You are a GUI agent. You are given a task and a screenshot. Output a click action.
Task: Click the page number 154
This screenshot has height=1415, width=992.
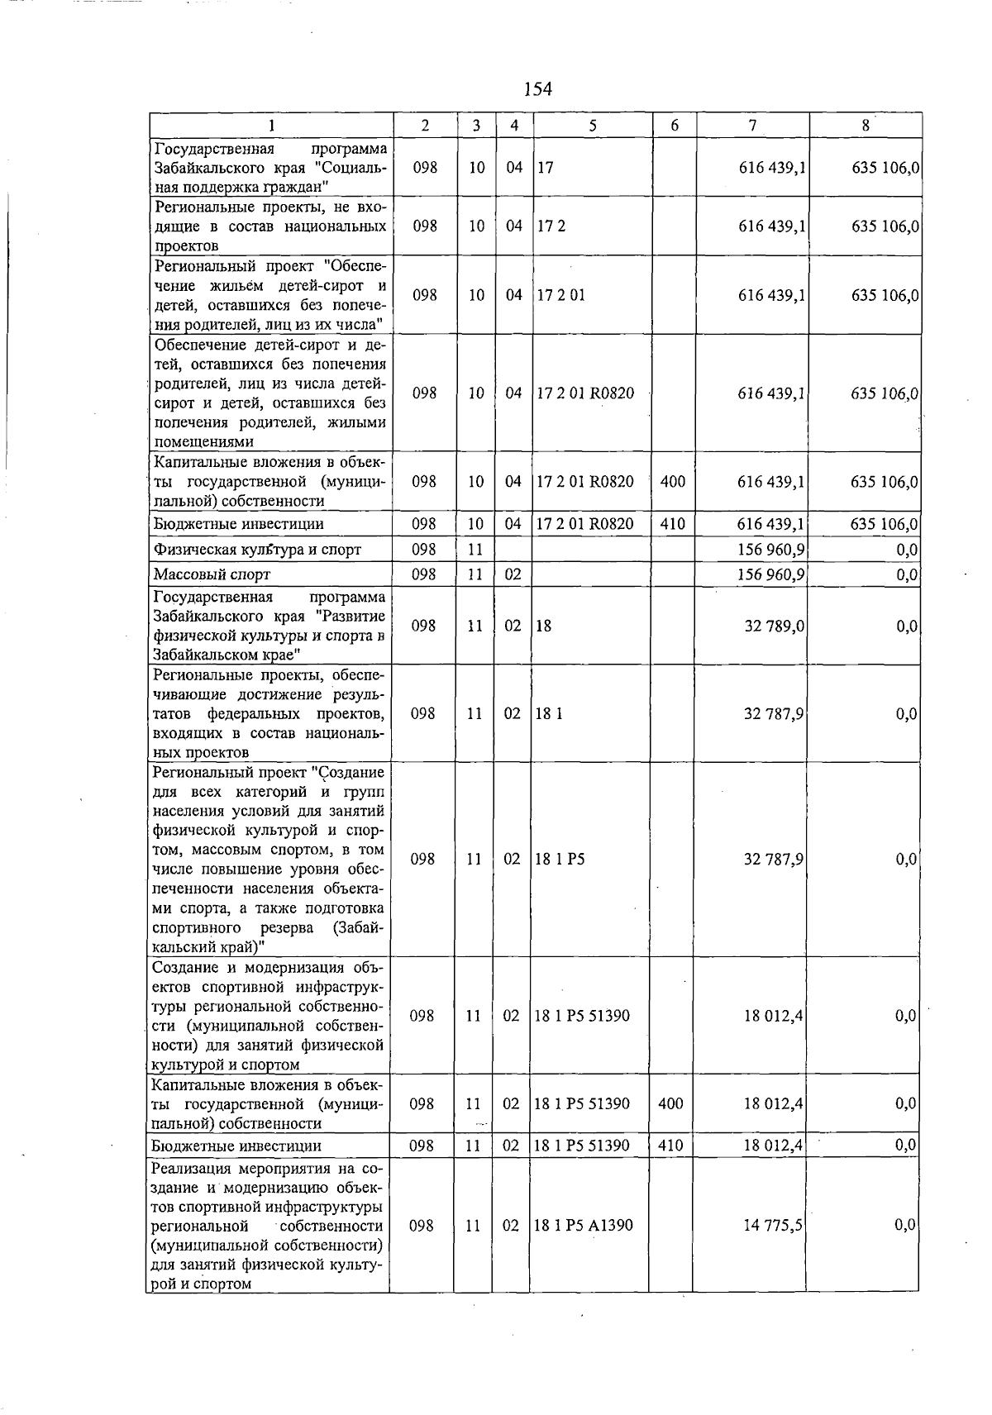pyautogui.click(x=537, y=89)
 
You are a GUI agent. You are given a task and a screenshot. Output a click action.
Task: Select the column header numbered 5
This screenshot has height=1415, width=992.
pyautogui.click(x=593, y=126)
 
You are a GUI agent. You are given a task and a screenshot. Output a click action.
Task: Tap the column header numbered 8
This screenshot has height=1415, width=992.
pyautogui.click(x=865, y=126)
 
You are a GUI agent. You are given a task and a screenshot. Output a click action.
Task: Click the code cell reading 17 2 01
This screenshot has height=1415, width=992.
pyautogui.click(x=561, y=295)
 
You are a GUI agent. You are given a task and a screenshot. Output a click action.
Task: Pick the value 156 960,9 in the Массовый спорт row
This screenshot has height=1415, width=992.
pyautogui.click(x=773, y=574)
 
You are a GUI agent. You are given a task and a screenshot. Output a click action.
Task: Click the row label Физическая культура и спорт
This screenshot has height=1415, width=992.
pyautogui.click(x=257, y=550)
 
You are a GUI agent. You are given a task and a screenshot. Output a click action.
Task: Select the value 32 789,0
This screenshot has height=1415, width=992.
pyautogui.click(x=775, y=627)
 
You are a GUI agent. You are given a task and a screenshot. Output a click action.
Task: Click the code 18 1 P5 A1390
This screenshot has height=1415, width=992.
pyautogui.click(x=584, y=1226)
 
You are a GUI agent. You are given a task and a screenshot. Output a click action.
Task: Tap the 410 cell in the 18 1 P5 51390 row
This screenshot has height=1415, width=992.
pyautogui.click(x=670, y=1146)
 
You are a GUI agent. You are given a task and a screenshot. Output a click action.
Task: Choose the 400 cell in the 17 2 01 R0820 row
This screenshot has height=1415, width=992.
pyautogui.click(x=673, y=481)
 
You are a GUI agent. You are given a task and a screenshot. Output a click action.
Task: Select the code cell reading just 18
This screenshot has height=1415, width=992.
pyautogui.click(x=544, y=627)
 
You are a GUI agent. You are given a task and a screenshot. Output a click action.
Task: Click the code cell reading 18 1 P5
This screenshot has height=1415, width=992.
pyautogui.click(x=560, y=860)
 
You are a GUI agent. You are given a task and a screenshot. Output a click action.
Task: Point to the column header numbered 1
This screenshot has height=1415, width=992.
pyautogui.click(x=270, y=126)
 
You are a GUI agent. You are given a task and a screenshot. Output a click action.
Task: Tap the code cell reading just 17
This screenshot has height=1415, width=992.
pyautogui.click(x=545, y=168)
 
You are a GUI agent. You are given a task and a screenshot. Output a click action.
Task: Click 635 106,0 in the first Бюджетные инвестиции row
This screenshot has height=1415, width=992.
pyautogui.click(x=885, y=524)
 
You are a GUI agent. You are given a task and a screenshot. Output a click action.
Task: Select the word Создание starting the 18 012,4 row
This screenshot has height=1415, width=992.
pyautogui.click(x=181, y=968)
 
